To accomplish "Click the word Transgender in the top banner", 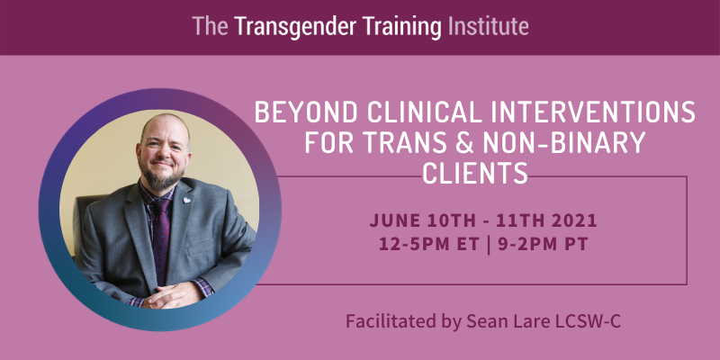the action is click(295, 27).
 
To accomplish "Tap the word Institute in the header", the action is click(488, 27).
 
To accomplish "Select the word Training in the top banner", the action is click(402, 27).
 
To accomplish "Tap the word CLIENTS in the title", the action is click(475, 173).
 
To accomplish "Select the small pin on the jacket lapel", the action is click(187, 200).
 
